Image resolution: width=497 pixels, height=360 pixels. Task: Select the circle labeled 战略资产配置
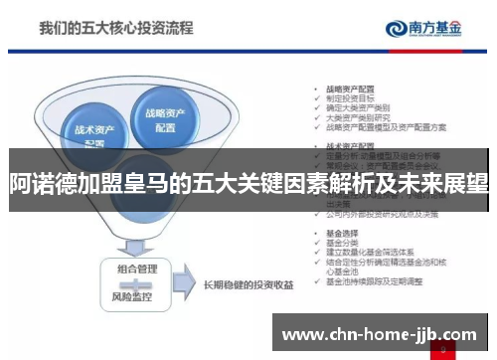pyautogui.click(x=170, y=118)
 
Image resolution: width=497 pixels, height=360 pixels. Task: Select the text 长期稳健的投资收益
pyautogui.click(x=248, y=285)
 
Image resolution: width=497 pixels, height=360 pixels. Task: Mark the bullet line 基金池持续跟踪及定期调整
pyautogui.click(x=373, y=281)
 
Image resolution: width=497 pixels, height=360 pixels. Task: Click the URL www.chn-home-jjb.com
pyautogui.click(x=381, y=333)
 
